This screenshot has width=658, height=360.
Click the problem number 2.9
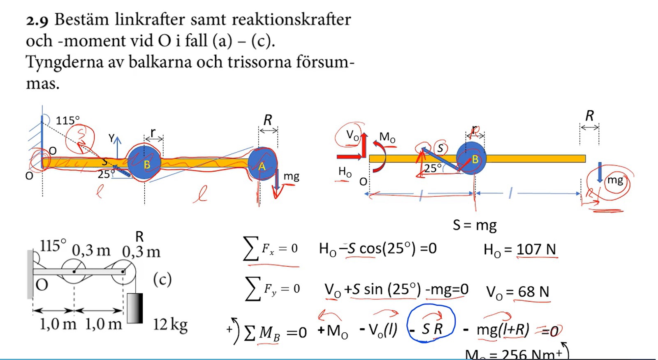tap(37, 20)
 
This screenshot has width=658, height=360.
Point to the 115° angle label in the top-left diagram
tap(67, 121)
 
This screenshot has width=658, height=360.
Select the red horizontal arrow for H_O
tap(350, 156)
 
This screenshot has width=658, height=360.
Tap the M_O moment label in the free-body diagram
tap(387, 137)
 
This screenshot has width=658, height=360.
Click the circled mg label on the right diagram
tap(615, 180)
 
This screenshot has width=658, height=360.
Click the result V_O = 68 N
tap(517, 292)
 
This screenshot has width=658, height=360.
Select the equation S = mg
tap(475, 225)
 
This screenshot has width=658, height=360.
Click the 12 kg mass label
tap(170, 325)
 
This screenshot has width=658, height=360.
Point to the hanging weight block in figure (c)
tap(134, 308)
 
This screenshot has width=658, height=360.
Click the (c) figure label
tap(162, 280)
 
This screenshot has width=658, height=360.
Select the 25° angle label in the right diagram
tap(433, 168)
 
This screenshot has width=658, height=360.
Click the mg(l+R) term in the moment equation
tap(503, 330)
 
